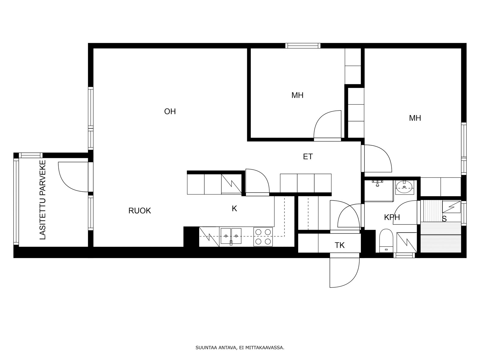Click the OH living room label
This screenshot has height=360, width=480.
point(170,112)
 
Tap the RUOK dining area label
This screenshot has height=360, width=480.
point(139,211)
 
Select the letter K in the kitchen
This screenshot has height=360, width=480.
point(234,209)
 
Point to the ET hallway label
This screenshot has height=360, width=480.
point(308,157)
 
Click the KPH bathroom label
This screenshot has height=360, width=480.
point(392,217)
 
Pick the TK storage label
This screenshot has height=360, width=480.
point(340,245)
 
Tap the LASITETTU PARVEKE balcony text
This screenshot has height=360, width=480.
point(43,200)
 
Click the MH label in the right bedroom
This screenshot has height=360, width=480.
point(415,118)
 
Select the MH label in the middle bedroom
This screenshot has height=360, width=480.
point(297,95)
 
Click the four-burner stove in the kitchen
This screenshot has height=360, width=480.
point(263,237)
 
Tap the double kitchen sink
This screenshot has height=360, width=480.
point(231,236)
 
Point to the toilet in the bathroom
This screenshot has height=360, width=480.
point(386,241)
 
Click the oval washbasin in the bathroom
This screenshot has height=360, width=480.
point(404,187)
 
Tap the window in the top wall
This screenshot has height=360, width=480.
point(303,46)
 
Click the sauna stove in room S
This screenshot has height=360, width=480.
point(451,207)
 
